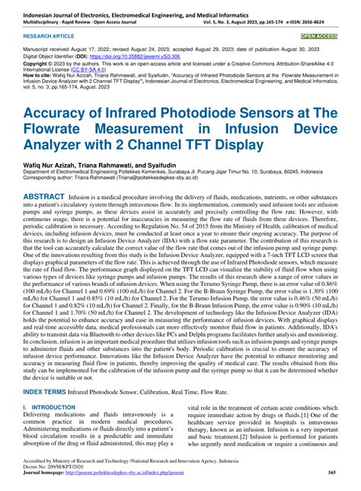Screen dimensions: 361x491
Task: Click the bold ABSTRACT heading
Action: click(x=31, y=196)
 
